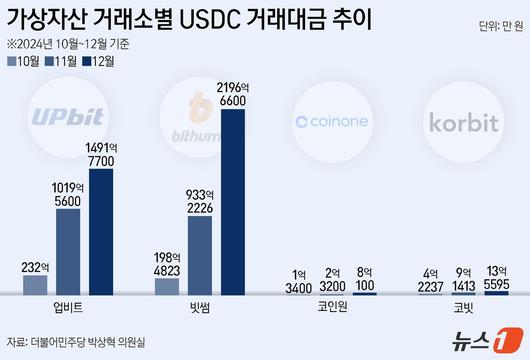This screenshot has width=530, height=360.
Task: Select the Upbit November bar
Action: coord(68,251)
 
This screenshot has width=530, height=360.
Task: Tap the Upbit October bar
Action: coord(35,285)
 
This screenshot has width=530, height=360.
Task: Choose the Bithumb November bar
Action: coord(201,255)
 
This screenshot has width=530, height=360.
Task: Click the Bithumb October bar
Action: coord(168,287)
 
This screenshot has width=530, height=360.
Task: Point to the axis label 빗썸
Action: coord(201,309)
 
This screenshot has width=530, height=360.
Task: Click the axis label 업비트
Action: coord(68,309)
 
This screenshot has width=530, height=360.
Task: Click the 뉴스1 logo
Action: coord(491,341)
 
